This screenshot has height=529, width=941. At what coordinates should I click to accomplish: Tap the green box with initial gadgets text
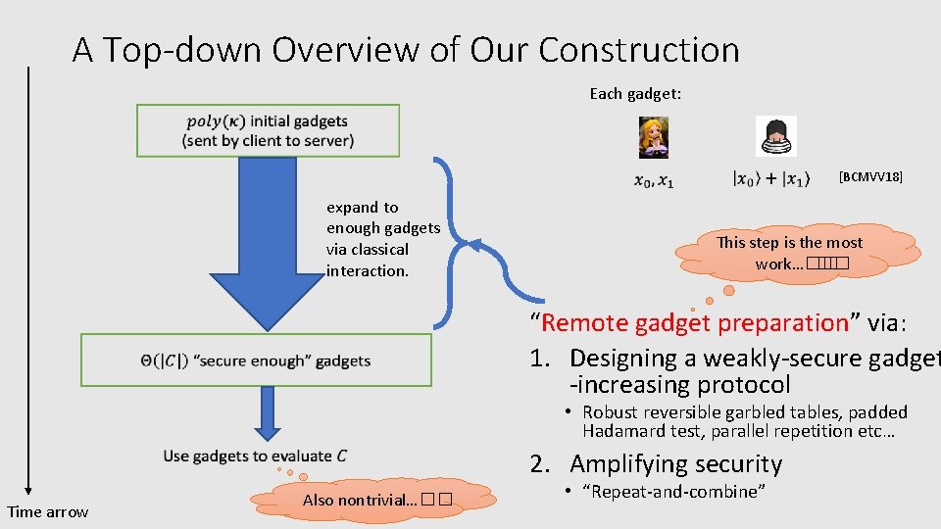pos(268,130)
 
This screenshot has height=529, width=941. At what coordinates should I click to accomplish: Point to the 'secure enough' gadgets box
pos(256,360)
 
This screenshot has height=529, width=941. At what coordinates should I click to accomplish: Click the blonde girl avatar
pos(653,137)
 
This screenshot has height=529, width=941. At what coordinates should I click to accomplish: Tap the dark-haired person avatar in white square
pos(775,136)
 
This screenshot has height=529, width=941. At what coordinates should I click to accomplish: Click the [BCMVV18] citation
pos(870,177)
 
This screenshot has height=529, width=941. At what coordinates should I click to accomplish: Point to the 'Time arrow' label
pos(48,511)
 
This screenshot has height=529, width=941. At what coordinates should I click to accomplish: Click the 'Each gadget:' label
pos(635,94)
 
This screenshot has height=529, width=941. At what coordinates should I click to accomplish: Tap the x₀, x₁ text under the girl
pos(654,180)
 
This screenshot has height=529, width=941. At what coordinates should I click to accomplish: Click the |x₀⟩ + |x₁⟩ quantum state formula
pos(771,180)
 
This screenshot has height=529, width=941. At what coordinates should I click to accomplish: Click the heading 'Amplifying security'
pos(675,464)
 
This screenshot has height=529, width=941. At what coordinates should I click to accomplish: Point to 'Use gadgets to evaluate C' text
pos(255,456)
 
